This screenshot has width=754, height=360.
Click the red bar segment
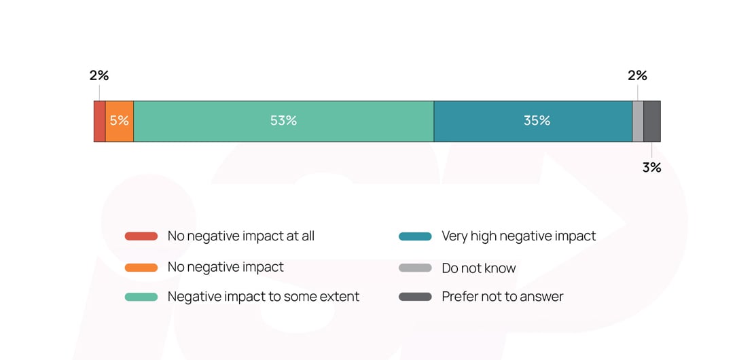pyautogui.click(x=99, y=122)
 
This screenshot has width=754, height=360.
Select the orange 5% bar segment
pyautogui.click(x=120, y=131)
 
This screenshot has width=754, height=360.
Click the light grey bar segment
pyautogui.click(x=638, y=122)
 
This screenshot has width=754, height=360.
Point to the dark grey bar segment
pyautogui.click(x=652, y=122)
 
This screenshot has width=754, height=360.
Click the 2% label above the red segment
pyautogui.click(x=99, y=75)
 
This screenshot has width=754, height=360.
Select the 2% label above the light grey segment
pyautogui.click(x=637, y=75)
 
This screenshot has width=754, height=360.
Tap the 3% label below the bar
pyautogui.click(x=651, y=167)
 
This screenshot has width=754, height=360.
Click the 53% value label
pyautogui.click(x=283, y=121)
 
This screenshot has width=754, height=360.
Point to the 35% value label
pyautogui.click(x=537, y=121)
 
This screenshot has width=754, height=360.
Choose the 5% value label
pyautogui.click(x=120, y=121)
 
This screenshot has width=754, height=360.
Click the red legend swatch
pyautogui.click(x=141, y=236)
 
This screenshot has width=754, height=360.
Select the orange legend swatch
pyautogui.click(x=141, y=267)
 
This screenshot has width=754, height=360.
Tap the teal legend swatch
pyautogui.click(x=415, y=236)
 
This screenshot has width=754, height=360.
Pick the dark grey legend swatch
pyautogui.click(x=415, y=297)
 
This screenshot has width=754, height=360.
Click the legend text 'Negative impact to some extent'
pyautogui.click(x=264, y=297)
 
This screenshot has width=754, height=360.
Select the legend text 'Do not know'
pyautogui.click(x=479, y=268)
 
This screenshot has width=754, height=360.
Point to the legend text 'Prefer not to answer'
pyautogui.click(x=503, y=297)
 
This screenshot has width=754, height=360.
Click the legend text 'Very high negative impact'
pyautogui.click(x=519, y=236)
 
